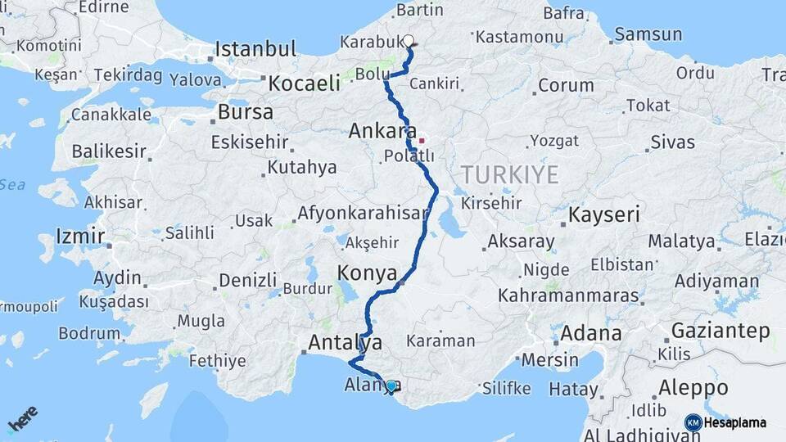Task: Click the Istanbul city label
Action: [255, 48]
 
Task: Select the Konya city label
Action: [368, 273]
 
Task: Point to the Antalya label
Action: [345, 342]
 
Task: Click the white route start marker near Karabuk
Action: [408, 40]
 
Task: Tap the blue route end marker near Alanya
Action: [391, 386]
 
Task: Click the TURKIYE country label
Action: [509, 174]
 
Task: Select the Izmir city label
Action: [80, 237]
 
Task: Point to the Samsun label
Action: [648, 34]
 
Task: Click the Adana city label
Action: [591, 334]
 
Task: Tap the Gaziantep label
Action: [720, 331]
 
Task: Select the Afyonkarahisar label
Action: [363, 214]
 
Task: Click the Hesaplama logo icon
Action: [693, 422]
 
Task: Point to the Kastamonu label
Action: [514, 37]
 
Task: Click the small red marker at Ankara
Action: [422, 141]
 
